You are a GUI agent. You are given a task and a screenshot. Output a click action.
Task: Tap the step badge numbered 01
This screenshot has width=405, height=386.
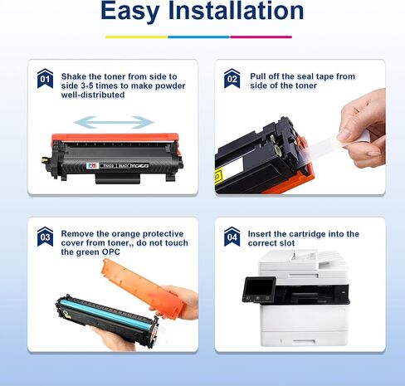pyautogui.click(x=45, y=80)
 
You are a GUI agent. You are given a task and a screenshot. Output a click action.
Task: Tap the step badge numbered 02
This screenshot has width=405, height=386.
pyautogui.click(x=232, y=80)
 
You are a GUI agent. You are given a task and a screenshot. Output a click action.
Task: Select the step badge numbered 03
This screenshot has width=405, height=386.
pyautogui.click(x=45, y=237)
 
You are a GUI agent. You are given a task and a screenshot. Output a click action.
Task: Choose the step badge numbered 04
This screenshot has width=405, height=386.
pyautogui.click(x=232, y=237)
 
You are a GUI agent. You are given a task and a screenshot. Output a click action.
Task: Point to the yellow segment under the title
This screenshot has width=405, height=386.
pyautogui.click(x=136, y=37)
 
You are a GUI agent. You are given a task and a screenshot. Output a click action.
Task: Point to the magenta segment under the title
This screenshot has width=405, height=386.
pyautogui.click(x=261, y=37)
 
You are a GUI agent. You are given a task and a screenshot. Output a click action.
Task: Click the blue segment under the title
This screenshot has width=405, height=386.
pyautogui.click(x=198, y=37)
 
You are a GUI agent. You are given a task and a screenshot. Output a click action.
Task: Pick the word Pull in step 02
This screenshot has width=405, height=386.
pyautogui.click(x=259, y=76)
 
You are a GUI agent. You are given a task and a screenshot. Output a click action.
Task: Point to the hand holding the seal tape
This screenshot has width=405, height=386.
pyautogui.click(x=365, y=129)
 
